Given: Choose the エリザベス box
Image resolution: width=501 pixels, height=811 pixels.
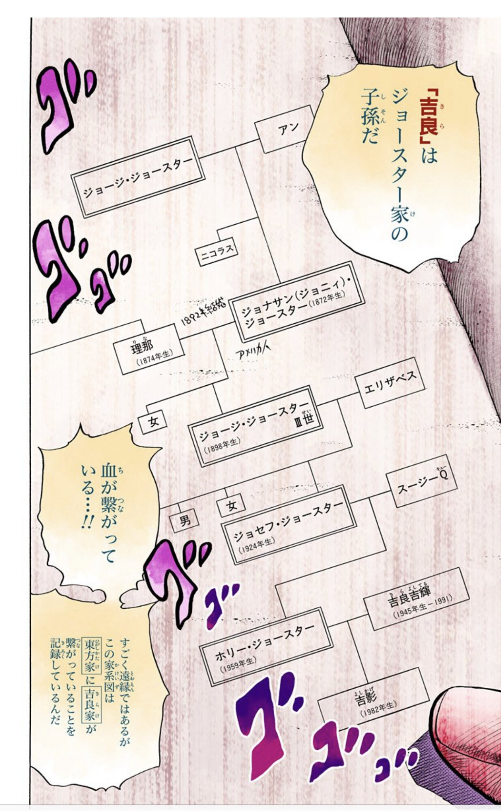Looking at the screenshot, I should click(390, 382).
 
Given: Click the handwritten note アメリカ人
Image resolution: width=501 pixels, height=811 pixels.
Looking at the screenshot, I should click(252, 354).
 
